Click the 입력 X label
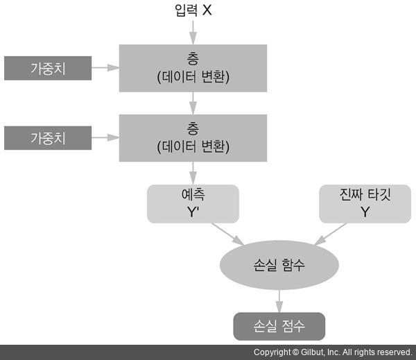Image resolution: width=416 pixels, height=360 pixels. [x=193, y=10]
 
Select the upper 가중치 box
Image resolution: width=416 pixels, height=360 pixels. [x=48, y=69]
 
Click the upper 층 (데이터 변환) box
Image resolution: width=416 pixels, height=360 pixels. [x=193, y=68]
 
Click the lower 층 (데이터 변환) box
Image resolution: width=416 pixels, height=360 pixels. [x=193, y=137]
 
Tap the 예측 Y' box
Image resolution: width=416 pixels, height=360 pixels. [x=193, y=203]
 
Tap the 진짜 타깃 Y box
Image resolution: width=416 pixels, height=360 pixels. [x=365, y=203]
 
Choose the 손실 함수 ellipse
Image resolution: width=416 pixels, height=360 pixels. [x=279, y=265]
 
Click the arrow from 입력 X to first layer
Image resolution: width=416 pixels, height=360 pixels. [x=193, y=32]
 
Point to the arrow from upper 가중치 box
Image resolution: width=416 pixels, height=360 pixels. [x=105, y=68]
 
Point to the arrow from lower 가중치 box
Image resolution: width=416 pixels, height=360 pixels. [x=105, y=137]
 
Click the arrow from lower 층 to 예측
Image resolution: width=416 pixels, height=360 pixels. [x=193, y=172]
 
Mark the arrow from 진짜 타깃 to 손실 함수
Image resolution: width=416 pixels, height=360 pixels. [x=332, y=234]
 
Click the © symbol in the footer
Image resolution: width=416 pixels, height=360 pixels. [x=295, y=352]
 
